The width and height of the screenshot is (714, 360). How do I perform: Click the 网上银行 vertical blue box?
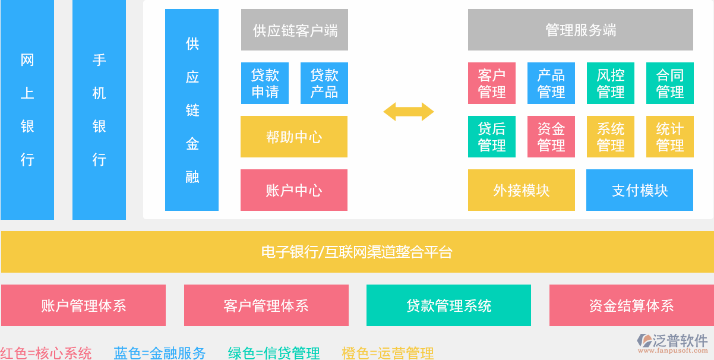tap(27, 110)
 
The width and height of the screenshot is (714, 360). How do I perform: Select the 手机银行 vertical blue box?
tap(99, 110)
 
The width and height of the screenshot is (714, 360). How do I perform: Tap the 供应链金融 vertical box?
tap(192, 110)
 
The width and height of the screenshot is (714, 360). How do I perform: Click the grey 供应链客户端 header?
tap(295, 30)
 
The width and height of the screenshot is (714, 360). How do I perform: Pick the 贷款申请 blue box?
tap(265, 83)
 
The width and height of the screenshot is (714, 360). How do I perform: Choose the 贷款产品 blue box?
tap(324, 83)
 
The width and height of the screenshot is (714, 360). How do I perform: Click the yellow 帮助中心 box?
tap(294, 137)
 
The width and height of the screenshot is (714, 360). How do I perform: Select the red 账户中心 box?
tap(294, 190)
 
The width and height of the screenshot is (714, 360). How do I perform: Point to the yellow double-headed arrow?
tap(409, 111)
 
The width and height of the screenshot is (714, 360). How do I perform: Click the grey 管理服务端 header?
tap(580, 30)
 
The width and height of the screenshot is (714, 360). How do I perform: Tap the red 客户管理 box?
tap(492, 83)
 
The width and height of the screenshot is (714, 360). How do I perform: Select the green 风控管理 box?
tap(611, 83)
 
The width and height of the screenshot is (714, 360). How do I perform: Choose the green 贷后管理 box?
tap(492, 137)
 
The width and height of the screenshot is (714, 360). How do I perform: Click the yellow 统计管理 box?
tap(670, 137)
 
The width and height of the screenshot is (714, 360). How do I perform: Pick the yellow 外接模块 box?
tap(522, 190)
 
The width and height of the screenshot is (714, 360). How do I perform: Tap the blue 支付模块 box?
tap(640, 190)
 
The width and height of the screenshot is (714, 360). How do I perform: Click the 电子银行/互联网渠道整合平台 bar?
tap(357, 252)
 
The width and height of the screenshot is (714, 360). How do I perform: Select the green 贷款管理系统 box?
tap(448, 305)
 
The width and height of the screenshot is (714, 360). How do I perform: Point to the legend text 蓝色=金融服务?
tap(160, 353)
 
